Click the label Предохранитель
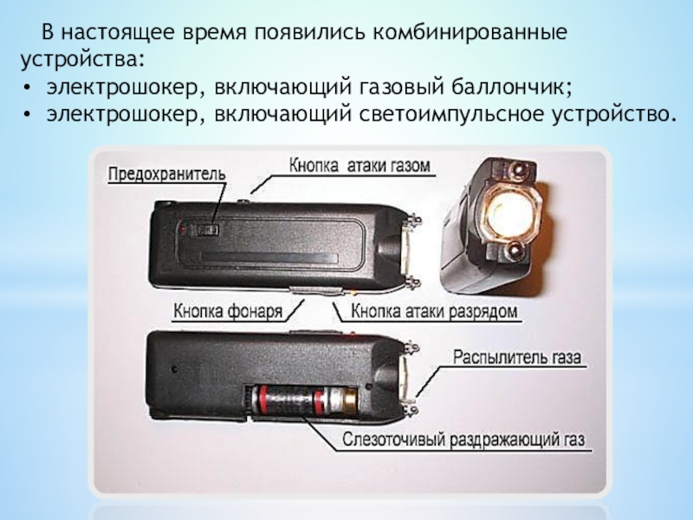click(166, 174)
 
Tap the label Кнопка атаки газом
click(359, 166)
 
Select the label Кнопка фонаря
click(228, 311)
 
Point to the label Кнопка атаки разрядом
click(434, 311)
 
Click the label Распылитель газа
click(517, 357)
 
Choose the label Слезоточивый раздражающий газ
click(463, 440)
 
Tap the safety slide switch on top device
click(207, 230)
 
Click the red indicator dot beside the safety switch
click(182, 229)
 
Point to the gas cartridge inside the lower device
click(301, 399)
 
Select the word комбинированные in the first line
click(470, 33)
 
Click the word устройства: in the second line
click(82, 59)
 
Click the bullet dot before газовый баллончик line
click(28, 88)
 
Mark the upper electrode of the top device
click(413, 220)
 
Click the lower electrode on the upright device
click(515, 252)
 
